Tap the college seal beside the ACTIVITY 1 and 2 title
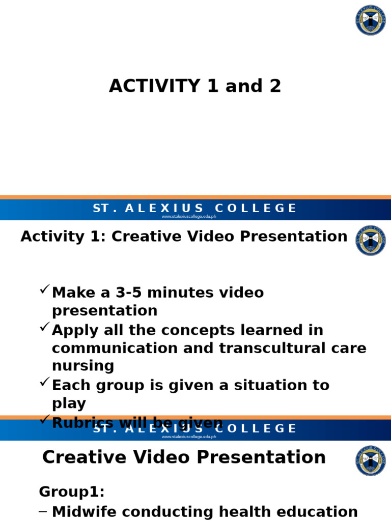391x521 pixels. point(370,20)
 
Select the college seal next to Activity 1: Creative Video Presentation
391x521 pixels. point(370,240)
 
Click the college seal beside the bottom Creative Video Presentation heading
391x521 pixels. point(370,461)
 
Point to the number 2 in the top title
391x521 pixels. point(275,86)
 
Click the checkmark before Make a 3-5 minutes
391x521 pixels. point(44,290)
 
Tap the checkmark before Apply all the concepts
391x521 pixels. point(44,328)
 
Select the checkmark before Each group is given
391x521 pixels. point(44,382)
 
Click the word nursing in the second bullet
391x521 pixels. point(83,366)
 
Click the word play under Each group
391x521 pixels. point(69,403)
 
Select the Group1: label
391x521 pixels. point(72,491)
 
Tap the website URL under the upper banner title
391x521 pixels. point(189,216)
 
